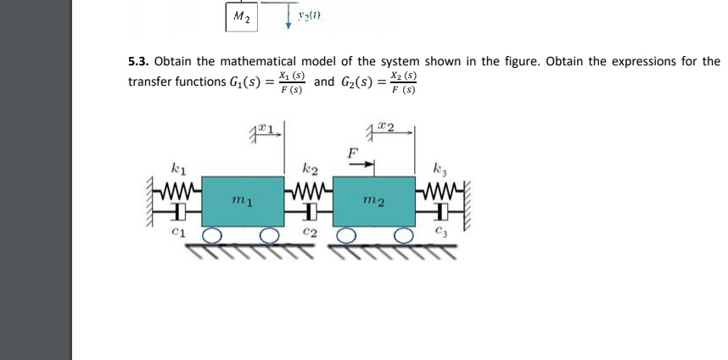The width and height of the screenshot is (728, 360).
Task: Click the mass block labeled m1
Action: click(x=241, y=200)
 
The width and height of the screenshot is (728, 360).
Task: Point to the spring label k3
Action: click(x=439, y=166)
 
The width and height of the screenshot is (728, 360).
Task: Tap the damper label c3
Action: click(x=439, y=231)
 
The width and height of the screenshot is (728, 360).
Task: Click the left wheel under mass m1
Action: click(x=212, y=234)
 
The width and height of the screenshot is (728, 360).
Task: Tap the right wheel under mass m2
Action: click(x=404, y=234)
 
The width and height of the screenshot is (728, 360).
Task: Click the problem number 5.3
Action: click(x=137, y=62)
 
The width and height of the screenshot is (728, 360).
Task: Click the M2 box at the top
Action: click(x=241, y=17)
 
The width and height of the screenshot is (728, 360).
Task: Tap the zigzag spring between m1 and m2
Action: click(x=310, y=185)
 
